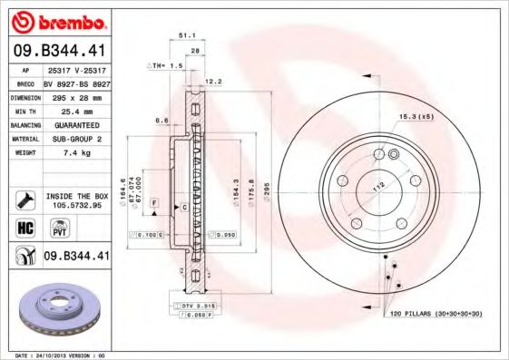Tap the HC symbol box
(x=25, y=227)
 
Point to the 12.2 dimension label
(x=214, y=82)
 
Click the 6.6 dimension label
(x=160, y=120)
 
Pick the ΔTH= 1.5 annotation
(x=166, y=66)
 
